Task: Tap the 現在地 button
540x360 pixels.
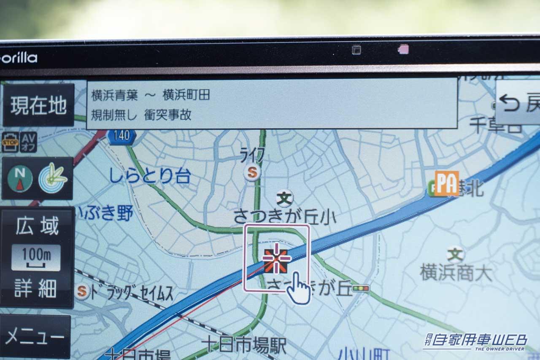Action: click(38, 105)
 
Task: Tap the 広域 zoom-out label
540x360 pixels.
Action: click(37, 226)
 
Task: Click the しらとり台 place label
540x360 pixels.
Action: click(150, 176)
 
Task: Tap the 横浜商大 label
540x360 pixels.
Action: click(456, 273)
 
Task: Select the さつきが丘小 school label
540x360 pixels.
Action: click(285, 217)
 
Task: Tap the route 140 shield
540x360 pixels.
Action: click(121, 136)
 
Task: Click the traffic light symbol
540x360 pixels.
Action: click(361, 289)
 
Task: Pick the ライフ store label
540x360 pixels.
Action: click(253, 156)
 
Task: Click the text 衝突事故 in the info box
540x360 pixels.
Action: click(168, 115)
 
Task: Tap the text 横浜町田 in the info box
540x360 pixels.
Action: click(186, 95)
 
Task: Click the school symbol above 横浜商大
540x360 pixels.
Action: click(455, 254)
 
